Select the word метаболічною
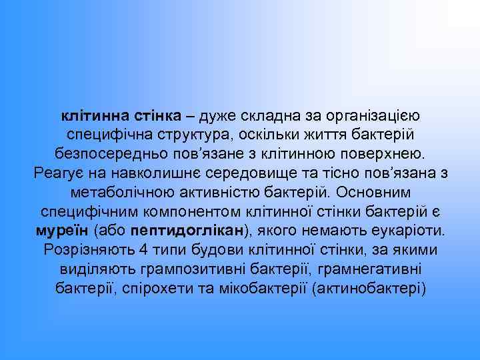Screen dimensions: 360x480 [122, 193]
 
